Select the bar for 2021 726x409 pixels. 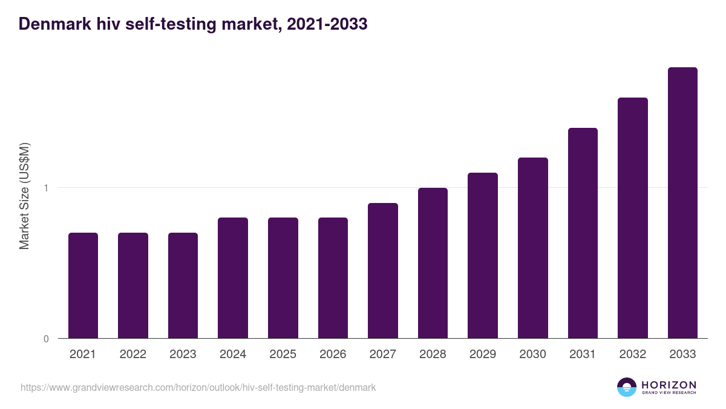(x=83, y=285)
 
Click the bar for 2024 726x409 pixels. (x=233, y=278)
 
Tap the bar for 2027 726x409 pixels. (x=383, y=270)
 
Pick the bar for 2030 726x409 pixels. (x=533, y=248)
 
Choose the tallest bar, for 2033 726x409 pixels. (x=682, y=203)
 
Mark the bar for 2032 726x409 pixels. (x=633, y=218)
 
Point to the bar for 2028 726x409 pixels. (x=433, y=263)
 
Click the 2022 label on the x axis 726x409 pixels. (x=132, y=354)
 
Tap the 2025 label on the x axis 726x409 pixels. (x=283, y=354)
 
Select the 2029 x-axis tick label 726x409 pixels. (x=483, y=354)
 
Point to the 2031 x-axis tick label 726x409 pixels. (x=583, y=354)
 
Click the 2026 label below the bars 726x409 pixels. (x=333, y=354)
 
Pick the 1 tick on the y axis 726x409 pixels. (x=46, y=188)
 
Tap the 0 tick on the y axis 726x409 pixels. (x=46, y=339)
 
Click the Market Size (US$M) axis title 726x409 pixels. (x=25, y=196)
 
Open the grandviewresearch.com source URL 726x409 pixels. (x=198, y=387)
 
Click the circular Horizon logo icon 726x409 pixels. (x=626, y=387)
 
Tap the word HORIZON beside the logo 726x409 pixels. (x=669, y=385)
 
